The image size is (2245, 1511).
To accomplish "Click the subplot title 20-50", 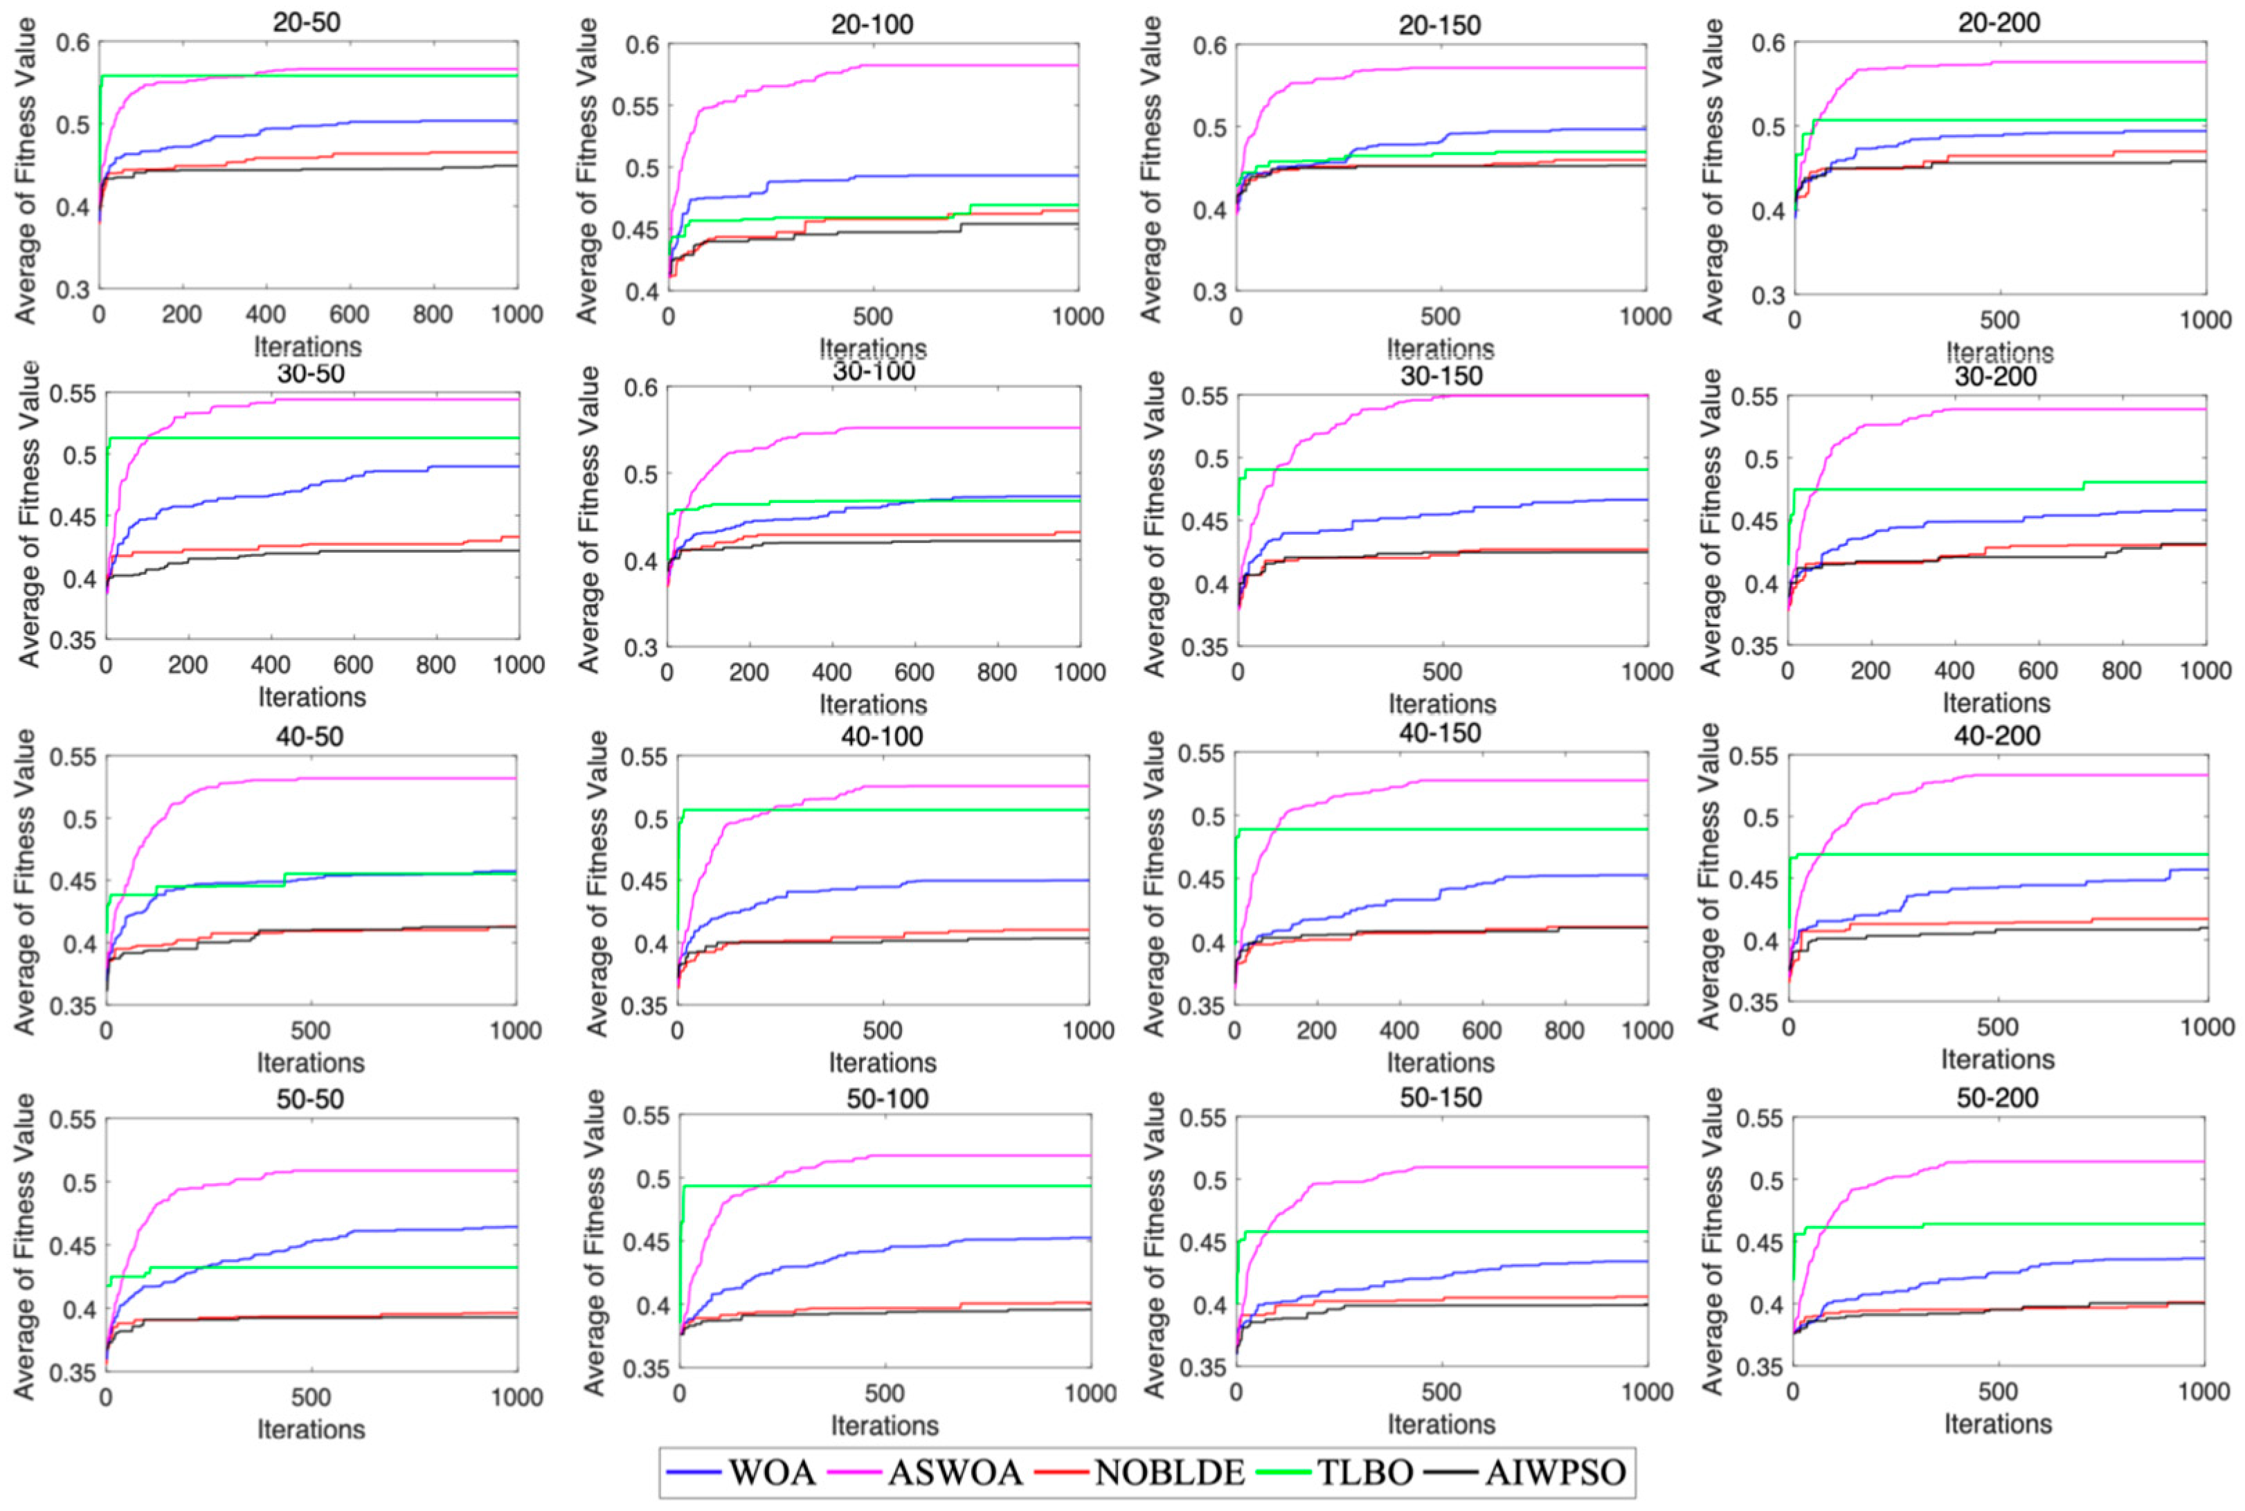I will point(307,21).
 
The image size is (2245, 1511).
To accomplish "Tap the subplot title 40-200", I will point(1999,735).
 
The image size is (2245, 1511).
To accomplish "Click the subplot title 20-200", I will point(1999,21).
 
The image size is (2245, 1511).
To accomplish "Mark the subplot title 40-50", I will point(309,736).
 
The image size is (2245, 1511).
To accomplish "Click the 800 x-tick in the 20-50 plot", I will point(432,314).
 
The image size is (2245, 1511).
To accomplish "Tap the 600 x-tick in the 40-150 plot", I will point(1481,1030).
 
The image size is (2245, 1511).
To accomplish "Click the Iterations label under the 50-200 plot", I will point(1997,1423).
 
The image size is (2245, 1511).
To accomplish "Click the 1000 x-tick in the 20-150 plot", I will point(1645,316).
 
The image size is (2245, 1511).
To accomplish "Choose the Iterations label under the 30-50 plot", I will point(312,697).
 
